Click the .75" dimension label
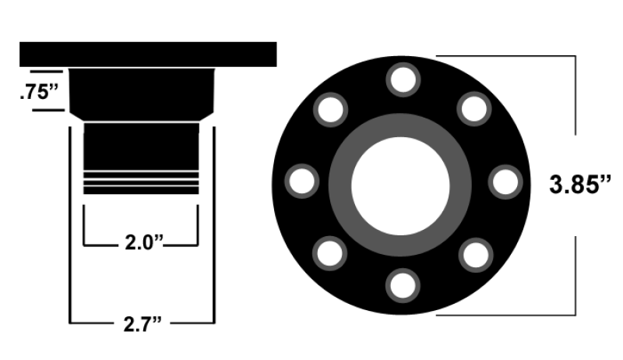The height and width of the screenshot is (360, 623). pyautogui.click(x=38, y=93)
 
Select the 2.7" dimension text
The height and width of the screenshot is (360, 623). pyautogui.click(x=143, y=321)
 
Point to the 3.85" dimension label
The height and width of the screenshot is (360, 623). pyautogui.click(x=579, y=185)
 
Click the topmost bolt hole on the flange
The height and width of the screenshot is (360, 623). pyautogui.click(x=403, y=80)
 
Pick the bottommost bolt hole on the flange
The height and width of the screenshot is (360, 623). pyautogui.click(x=403, y=285)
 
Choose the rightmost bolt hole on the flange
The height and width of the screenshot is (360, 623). pyautogui.click(x=505, y=182)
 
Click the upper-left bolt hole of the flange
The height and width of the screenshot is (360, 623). pyautogui.click(x=330, y=110)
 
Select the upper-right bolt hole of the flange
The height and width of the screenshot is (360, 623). pyautogui.click(x=474, y=110)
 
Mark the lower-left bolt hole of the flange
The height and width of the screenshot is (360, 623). pyautogui.click(x=330, y=254)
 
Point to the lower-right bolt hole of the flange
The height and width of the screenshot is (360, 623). pyautogui.click(x=474, y=254)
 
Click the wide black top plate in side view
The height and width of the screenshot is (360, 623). pyautogui.click(x=148, y=54)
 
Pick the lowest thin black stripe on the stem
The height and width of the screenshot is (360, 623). pyautogui.click(x=140, y=190)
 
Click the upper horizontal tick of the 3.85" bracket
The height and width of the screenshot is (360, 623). pyautogui.click(x=506, y=55)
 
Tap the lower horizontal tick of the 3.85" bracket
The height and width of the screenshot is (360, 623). pyautogui.click(x=506, y=314)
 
